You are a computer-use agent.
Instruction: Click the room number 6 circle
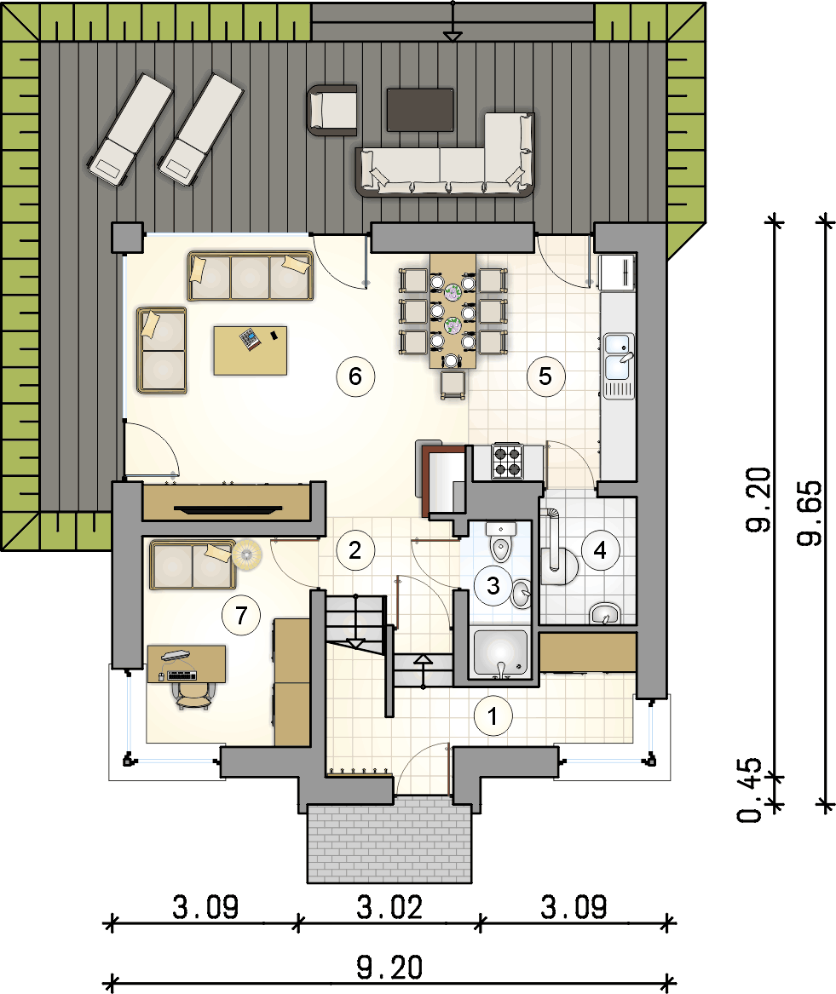click(x=355, y=376)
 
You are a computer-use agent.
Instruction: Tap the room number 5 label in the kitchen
click(x=545, y=376)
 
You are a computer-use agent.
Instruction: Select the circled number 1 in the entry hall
click(x=493, y=715)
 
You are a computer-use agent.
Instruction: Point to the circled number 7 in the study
click(x=241, y=615)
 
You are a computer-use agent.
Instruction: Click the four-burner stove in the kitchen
click(x=507, y=461)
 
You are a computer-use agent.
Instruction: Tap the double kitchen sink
click(x=619, y=365)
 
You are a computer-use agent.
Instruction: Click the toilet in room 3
click(x=501, y=543)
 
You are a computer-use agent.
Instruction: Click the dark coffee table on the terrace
click(x=420, y=110)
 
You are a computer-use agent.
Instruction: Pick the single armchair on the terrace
click(x=332, y=111)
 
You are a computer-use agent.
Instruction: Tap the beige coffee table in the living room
click(x=250, y=351)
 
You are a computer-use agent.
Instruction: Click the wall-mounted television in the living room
click(x=227, y=508)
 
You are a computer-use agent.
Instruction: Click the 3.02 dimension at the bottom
click(x=389, y=908)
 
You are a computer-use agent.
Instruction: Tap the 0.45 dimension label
click(x=750, y=790)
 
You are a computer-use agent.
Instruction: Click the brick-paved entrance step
click(x=389, y=840)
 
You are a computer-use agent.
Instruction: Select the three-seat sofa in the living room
click(x=250, y=276)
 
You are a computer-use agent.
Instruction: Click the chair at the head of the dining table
click(x=453, y=385)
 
